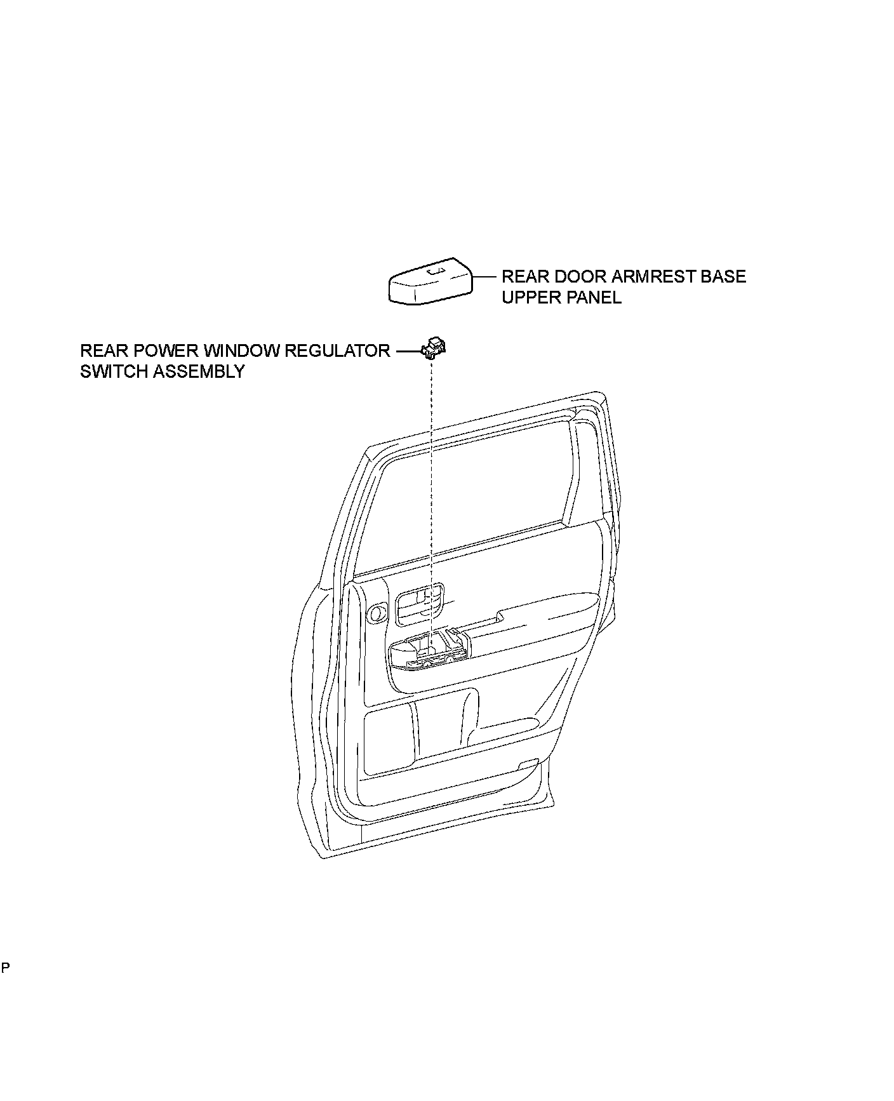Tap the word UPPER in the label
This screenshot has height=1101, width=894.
(528, 298)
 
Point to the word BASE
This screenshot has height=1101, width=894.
(722, 277)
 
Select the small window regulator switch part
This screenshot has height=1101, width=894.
(435, 347)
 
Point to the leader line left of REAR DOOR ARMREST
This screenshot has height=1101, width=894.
(485, 277)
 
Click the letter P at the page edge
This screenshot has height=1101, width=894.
(6, 985)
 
